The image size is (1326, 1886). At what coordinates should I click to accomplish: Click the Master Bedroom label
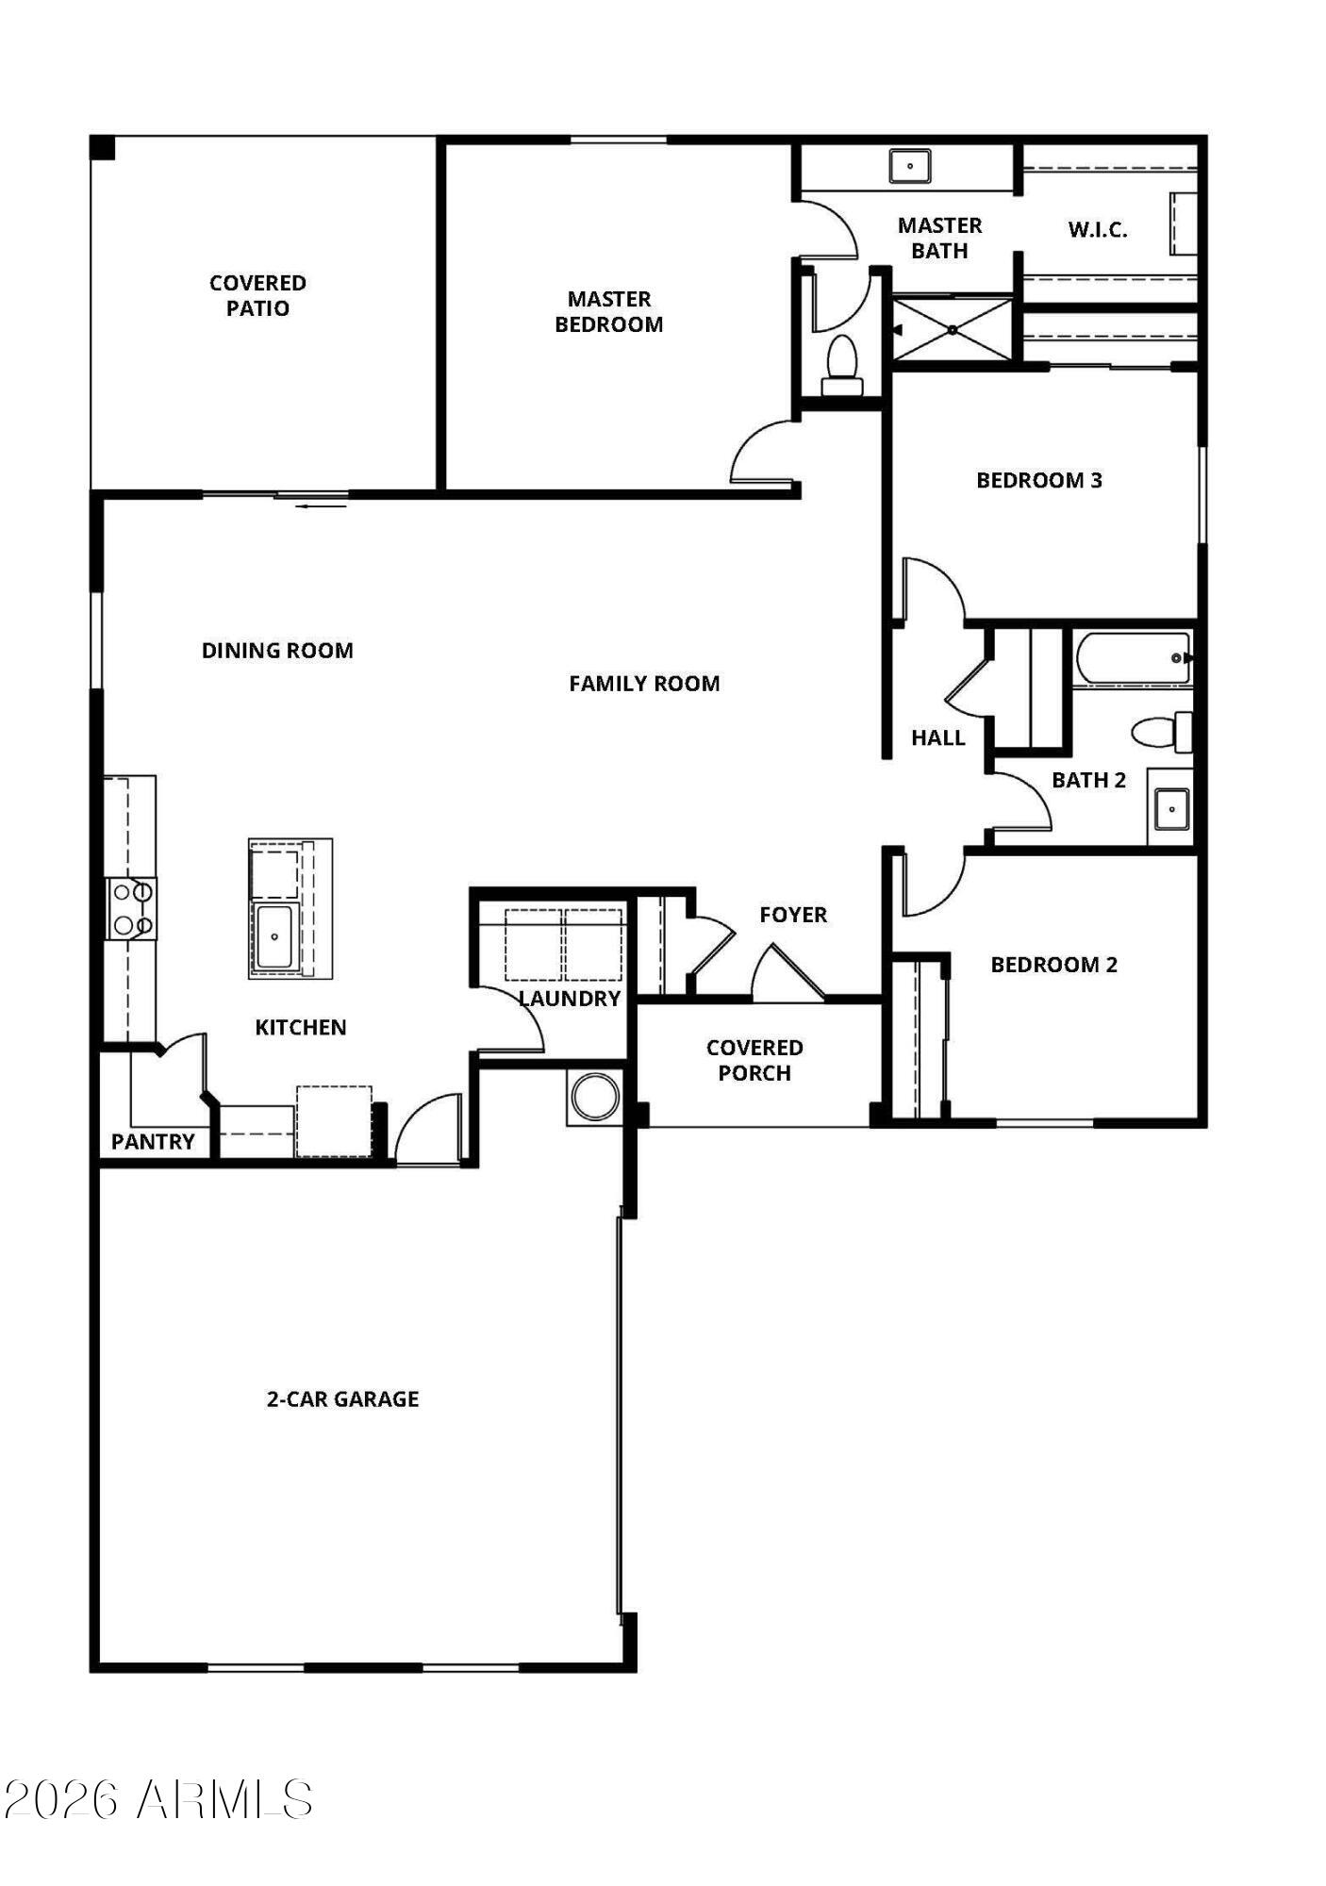tap(608, 311)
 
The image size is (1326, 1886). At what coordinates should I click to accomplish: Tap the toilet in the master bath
tap(841, 366)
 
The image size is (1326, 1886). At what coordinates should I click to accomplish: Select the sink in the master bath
tap(910, 166)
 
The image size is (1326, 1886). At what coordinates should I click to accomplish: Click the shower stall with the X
tap(953, 329)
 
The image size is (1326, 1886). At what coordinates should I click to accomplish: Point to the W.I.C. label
tap(1097, 229)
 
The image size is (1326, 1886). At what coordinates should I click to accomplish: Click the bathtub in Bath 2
tap(1133, 657)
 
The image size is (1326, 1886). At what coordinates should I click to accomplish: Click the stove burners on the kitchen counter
tap(131, 908)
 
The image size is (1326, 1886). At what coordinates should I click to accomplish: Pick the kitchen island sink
tap(274, 936)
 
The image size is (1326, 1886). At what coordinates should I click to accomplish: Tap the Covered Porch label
tap(754, 1060)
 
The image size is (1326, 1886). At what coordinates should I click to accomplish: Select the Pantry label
tap(153, 1142)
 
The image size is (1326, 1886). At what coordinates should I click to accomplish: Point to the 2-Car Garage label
tap(342, 1398)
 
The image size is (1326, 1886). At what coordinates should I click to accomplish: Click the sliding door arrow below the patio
tap(321, 506)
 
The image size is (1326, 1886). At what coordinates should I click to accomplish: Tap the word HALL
tap(937, 737)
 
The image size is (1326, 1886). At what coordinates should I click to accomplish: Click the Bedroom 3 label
tap(1038, 480)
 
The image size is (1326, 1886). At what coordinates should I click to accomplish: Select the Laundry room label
tap(570, 999)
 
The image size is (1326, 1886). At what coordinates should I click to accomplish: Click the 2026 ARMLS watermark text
tap(157, 1800)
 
